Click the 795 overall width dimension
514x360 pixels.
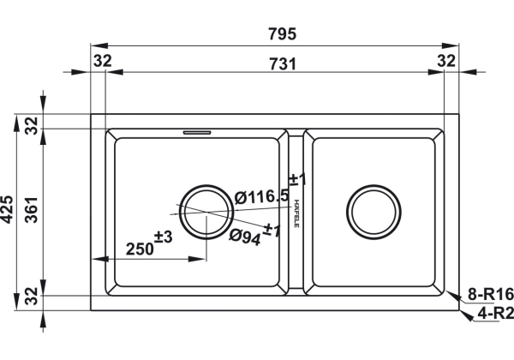pyautogui.click(x=282, y=33)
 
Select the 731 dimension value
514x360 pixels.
pyautogui.click(x=283, y=64)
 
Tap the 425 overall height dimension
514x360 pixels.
pyautogui.click(x=7, y=209)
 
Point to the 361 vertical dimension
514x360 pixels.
pyautogui.click(x=32, y=210)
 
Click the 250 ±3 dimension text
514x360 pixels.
pyautogui.click(x=149, y=243)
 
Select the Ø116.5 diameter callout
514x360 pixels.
pyautogui.click(x=262, y=197)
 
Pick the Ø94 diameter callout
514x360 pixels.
pyautogui.click(x=245, y=237)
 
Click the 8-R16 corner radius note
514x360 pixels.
pyautogui.click(x=490, y=294)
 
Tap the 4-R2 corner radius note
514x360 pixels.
pyautogui.click(x=495, y=314)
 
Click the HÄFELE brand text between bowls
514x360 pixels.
pyautogui.click(x=296, y=213)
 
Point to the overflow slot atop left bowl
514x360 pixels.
pyautogui.click(x=197, y=133)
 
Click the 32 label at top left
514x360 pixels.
pyautogui.click(x=103, y=61)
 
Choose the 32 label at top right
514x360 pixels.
pyautogui.click(x=446, y=61)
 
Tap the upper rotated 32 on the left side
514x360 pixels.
pyautogui.click(x=32, y=126)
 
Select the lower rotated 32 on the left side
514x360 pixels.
pyautogui.click(x=32, y=296)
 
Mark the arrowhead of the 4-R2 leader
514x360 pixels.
pyautogui.click(x=467, y=315)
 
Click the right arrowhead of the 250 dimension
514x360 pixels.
pyautogui.click(x=197, y=259)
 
